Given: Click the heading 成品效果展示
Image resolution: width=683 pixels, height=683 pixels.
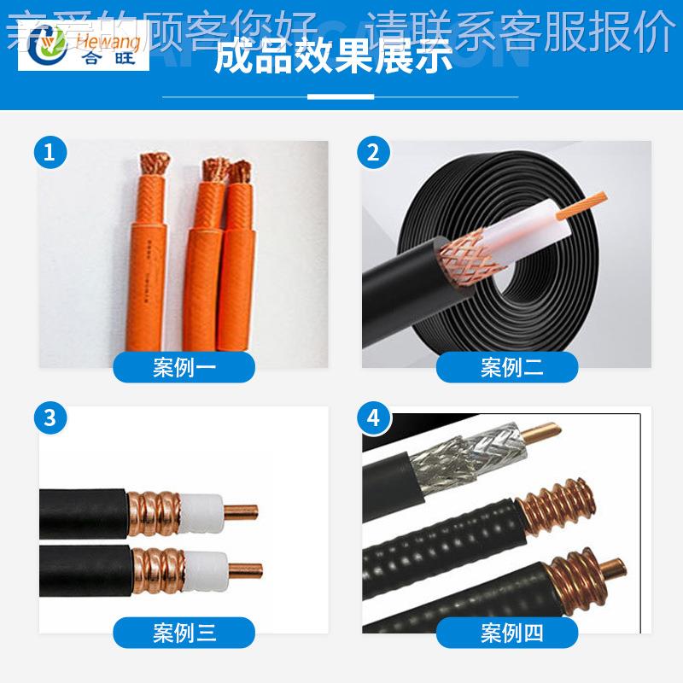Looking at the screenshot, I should [x=333, y=57].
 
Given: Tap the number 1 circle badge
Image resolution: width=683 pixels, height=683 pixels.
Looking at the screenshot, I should [x=50, y=153].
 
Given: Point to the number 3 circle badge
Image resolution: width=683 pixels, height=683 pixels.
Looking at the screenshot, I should [x=50, y=418].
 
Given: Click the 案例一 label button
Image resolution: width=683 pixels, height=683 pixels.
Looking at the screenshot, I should [x=184, y=367].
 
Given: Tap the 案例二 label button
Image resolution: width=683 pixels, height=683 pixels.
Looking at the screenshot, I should [x=507, y=367].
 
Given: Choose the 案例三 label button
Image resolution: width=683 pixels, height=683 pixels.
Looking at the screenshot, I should [x=184, y=633].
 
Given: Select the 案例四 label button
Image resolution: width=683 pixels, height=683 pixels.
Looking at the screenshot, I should [x=507, y=633].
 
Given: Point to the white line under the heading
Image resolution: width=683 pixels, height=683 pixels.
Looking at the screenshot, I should [x=341, y=96].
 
